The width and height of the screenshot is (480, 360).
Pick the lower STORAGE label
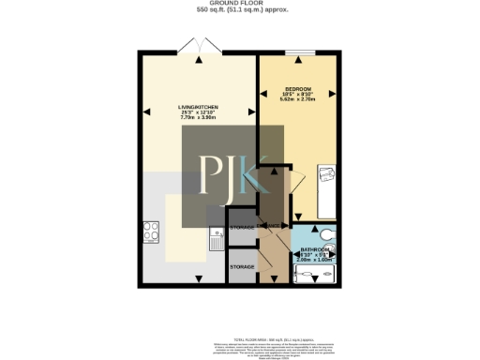click(243, 267)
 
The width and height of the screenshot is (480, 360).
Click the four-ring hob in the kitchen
click(150, 229)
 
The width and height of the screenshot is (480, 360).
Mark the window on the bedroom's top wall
click(299, 52)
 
